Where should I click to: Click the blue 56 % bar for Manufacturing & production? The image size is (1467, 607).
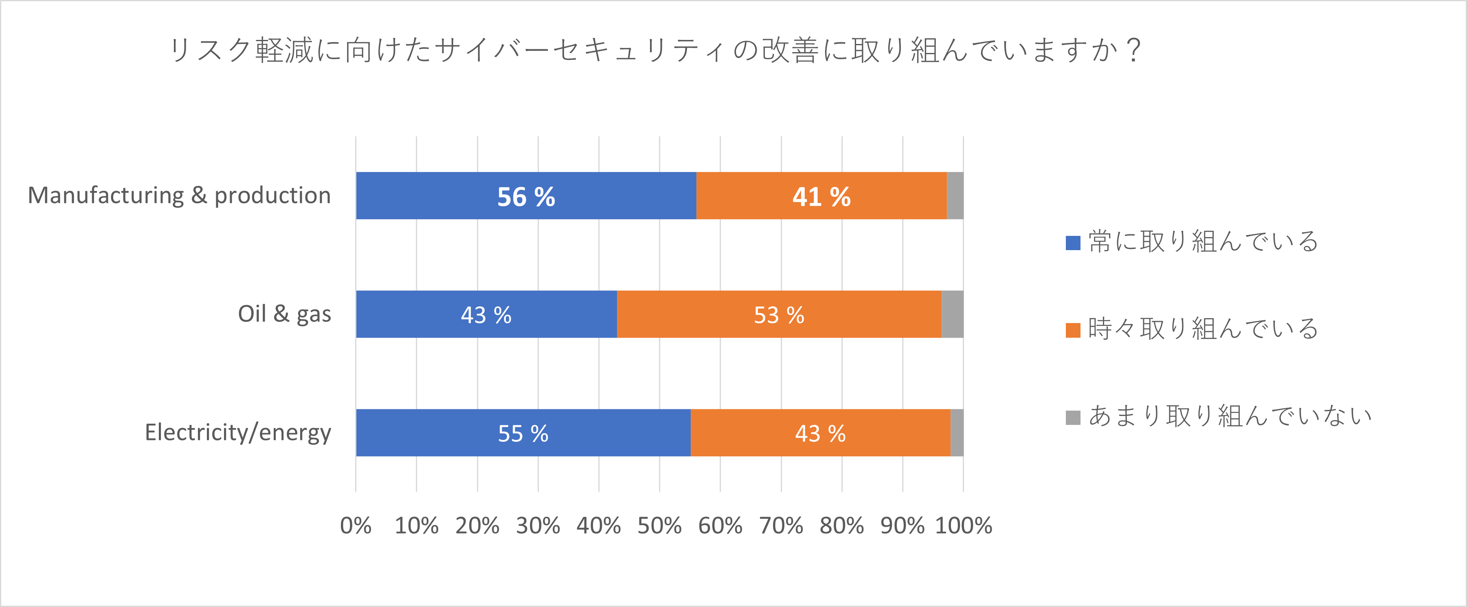pos(526,196)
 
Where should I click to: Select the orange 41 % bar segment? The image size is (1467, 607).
pos(821,196)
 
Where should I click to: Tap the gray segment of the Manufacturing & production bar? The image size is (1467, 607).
pos(955,196)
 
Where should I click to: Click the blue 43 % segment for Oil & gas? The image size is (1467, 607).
pos(486,314)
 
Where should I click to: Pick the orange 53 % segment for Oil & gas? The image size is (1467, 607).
pos(779,314)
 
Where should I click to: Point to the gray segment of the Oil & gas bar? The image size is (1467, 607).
pos(952,314)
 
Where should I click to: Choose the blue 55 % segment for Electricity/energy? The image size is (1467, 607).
pos(523,433)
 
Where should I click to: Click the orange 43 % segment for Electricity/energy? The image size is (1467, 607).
pos(820,433)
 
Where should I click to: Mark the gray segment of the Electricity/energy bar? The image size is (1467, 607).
pos(957,433)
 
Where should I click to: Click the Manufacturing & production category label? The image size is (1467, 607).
pos(179,195)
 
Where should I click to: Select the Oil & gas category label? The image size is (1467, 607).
pos(284,314)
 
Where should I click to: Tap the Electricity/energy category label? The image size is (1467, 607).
pos(238,432)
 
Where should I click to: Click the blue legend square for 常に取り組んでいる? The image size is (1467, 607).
pos(1073,243)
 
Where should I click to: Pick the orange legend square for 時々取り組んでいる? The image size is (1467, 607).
pos(1073,330)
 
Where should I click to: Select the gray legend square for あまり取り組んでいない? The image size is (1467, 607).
pos(1073,418)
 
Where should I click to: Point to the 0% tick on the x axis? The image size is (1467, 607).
pos(356,526)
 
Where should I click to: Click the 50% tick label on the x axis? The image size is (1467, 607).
pos(659,526)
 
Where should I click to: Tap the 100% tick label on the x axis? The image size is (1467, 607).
pos(964,526)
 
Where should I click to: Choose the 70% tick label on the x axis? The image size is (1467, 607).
pos(781,526)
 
